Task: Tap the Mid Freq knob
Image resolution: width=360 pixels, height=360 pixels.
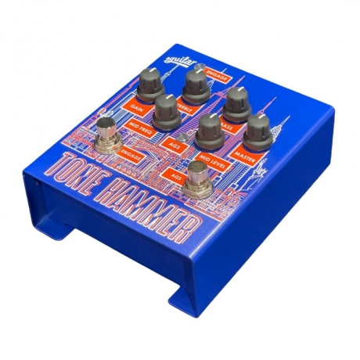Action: [x=167, y=109]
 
